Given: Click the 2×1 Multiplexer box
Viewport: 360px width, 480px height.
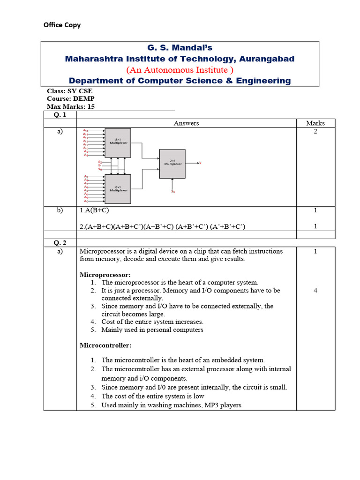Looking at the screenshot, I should coord(172,164).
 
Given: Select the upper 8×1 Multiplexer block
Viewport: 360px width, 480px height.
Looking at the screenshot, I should coord(118,142).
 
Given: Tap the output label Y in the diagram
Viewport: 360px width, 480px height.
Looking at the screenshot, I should coord(200,163).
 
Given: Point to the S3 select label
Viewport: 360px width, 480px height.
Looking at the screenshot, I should coord(173,191).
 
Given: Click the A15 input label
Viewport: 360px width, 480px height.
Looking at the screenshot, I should coord(85,130).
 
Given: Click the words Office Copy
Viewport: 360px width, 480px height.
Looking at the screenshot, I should coord(62,25).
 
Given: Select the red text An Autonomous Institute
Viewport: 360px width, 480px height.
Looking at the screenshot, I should coord(180,70).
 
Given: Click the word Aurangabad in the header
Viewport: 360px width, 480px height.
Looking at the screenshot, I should coord(266,59).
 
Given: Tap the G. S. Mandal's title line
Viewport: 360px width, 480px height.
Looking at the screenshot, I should coord(180,47).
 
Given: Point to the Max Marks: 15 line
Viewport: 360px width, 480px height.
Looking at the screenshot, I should coord(71,106).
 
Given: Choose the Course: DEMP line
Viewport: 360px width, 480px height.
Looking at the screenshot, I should coord(70,99).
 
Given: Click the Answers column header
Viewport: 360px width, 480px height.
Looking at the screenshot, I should coord(186,123).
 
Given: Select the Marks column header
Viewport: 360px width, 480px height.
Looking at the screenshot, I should coord(315,123).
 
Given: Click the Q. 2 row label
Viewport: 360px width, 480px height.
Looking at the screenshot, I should coord(60,243).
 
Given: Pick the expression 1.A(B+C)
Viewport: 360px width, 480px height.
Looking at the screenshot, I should coord(97,211).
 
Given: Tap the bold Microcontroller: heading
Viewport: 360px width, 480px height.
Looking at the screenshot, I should coord(105,345).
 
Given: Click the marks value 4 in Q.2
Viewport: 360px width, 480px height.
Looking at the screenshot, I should coord(315,291).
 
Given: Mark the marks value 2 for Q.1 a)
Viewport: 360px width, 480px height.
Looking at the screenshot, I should coord(315,132).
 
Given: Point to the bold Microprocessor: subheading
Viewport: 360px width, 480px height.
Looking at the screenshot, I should coord(105,274).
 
